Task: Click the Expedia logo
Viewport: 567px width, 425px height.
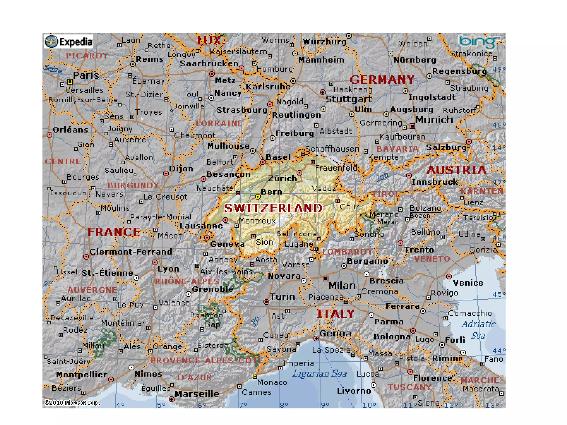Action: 69,42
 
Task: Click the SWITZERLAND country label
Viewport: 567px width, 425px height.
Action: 273,208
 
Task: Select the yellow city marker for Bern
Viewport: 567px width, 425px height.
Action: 258,197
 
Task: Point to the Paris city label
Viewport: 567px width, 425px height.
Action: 86,75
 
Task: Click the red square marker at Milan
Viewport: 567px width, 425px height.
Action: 326,278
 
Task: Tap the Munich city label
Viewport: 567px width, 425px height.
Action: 434,120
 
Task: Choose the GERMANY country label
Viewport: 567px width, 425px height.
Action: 382,80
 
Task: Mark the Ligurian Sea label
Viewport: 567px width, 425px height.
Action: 319,374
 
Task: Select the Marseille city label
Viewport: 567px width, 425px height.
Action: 197,394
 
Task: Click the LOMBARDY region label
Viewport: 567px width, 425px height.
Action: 347,252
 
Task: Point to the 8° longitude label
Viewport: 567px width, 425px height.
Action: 284,405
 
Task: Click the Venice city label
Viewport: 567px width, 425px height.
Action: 468,283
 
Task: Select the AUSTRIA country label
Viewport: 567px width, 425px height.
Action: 456,170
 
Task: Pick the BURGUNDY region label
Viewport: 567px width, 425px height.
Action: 133,185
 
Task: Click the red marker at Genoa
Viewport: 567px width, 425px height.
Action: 316,338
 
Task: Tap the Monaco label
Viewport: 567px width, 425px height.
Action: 272,382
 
